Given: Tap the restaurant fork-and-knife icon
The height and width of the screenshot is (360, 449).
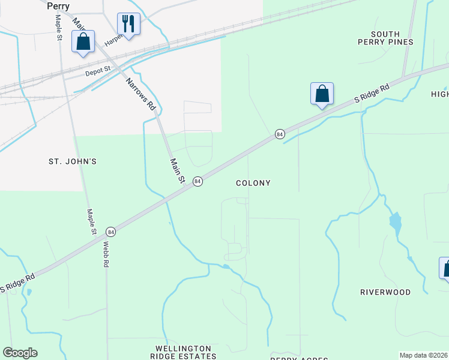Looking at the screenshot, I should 128,23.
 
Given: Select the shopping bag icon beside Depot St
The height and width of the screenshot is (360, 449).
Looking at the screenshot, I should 83,42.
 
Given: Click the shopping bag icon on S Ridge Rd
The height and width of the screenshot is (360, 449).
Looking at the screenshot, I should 322,94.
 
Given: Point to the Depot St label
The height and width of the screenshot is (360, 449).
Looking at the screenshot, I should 98,71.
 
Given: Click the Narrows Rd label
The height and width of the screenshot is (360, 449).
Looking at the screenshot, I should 142,95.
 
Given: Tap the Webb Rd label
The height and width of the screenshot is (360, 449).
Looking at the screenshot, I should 106,254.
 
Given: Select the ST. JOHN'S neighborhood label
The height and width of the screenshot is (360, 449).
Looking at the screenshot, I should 72,162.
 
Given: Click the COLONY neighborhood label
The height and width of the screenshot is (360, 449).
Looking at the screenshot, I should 253,183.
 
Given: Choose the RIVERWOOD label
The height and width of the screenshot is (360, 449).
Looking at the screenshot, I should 385,292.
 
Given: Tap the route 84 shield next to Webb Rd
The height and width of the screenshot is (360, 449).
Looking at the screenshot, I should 110,231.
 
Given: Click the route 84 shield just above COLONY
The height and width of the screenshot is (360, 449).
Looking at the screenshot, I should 197,181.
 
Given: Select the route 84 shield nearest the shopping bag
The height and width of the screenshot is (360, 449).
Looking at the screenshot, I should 280,134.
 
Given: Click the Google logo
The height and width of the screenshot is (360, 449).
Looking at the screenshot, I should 20,353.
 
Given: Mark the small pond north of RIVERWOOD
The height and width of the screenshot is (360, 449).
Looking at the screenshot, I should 395,223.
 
